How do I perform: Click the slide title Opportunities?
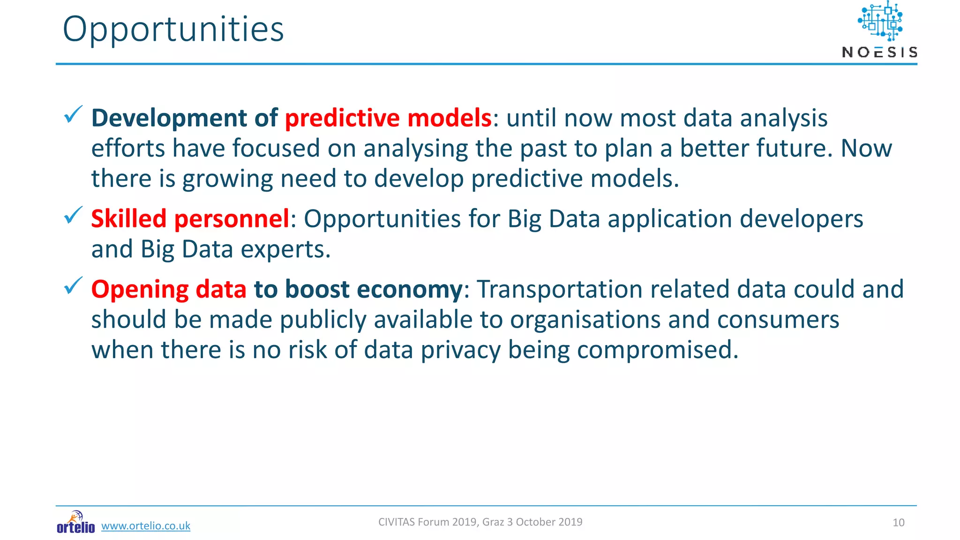point(173,30)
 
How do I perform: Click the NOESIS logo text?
point(879,52)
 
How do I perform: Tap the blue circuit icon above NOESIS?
point(880,22)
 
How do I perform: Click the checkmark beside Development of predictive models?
point(73,114)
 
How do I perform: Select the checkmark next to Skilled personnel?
point(73,215)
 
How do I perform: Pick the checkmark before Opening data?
point(73,285)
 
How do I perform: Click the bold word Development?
point(169,118)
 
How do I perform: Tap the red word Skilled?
point(129,219)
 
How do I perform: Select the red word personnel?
point(232,219)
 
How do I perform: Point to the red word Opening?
point(139,289)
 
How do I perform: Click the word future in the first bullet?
point(794,149)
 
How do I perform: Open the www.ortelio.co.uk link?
point(146,526)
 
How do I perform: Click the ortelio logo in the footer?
point(75,523)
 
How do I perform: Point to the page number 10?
point(898,523)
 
